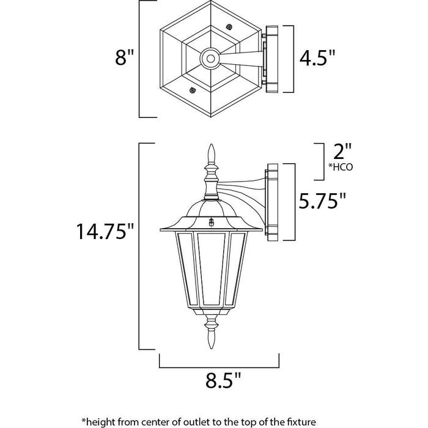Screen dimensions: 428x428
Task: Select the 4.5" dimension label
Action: coord(317,58)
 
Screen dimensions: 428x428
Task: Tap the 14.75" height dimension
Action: coord(105,232)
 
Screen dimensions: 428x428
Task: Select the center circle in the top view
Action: coord(210,59)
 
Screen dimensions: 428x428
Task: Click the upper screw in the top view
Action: coord(230,28)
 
